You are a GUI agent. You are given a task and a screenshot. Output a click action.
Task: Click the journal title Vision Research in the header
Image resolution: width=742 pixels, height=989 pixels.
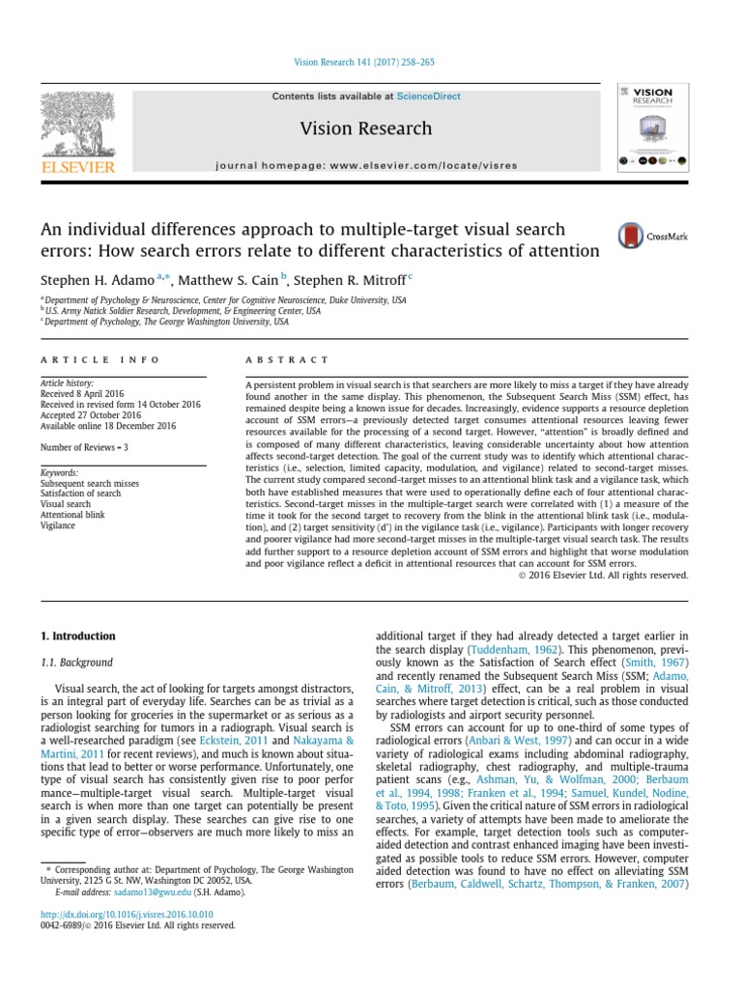click(366, 128)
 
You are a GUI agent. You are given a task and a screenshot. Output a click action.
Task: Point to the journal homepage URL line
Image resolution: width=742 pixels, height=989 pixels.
click(366, 165)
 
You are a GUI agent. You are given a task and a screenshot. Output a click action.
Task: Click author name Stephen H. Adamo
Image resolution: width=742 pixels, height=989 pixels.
click(97, 279)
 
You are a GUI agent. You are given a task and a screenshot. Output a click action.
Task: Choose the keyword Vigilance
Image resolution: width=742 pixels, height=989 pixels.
click(58, 526)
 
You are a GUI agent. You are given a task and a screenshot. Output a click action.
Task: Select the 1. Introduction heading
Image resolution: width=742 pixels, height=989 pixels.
click(77, 636)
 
